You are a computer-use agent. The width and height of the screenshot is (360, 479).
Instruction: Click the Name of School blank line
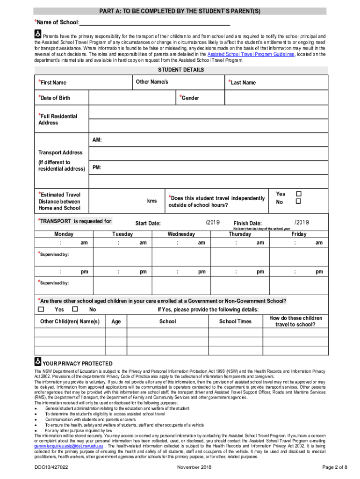click(x=154, y=22)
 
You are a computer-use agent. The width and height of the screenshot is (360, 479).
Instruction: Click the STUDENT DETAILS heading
click(x=180, y=70)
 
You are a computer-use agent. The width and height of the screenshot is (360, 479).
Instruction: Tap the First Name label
click(x=53, y=83)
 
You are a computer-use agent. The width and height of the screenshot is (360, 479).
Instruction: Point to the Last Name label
click(x=243, y=83)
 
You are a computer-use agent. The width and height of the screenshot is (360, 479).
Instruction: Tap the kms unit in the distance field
click(x=152, y=201)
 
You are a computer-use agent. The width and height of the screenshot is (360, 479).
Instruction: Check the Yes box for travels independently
click(x=299, y=194)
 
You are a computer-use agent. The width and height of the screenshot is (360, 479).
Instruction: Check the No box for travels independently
click(x=299, y=202)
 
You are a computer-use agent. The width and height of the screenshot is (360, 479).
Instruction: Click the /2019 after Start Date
click(x=212, y=222)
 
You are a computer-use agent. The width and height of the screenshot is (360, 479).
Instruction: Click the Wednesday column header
click(x=181, y=234)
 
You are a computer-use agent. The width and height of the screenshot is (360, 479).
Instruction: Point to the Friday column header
click(x=299, y=234)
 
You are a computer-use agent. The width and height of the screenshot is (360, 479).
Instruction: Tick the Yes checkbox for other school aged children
click(x=41, y=309)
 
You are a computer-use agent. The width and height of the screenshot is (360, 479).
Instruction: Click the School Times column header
click(x=235, y=321)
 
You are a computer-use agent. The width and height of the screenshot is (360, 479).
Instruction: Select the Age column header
click(x=116, y=321)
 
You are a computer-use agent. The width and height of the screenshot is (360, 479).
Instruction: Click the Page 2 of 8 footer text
click(x=335, y=467)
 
